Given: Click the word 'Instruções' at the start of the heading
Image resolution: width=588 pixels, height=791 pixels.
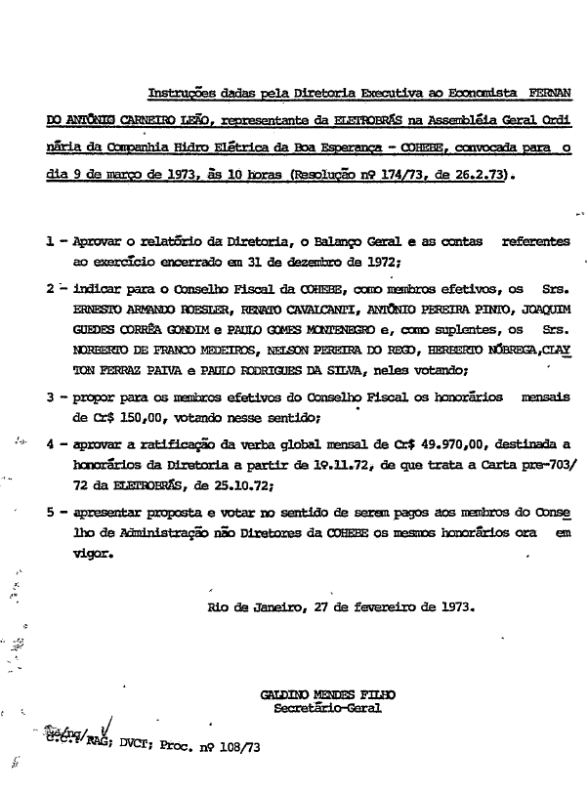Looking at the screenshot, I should (179, 96).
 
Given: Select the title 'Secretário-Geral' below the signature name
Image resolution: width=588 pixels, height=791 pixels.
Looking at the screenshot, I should (327, 709).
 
